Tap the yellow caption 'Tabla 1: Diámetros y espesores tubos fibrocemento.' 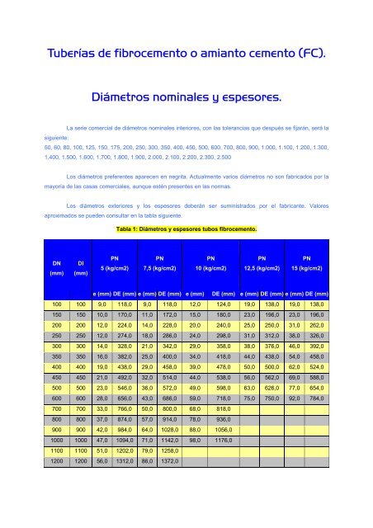pos(186,228)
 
